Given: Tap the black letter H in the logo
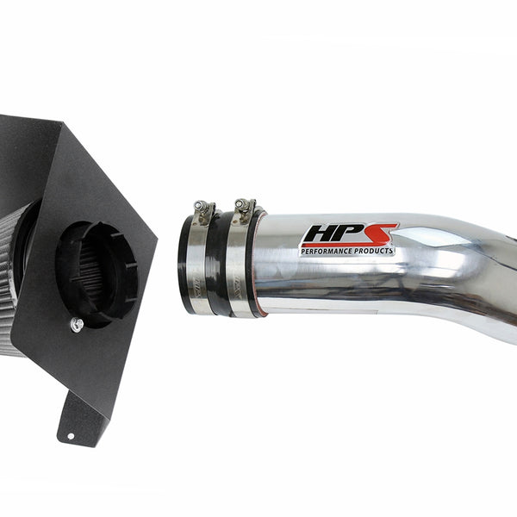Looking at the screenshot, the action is (x=318, y=234).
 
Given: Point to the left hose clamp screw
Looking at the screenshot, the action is (x=200, y=207).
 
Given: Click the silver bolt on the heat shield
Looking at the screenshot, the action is (x=77, y=325).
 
